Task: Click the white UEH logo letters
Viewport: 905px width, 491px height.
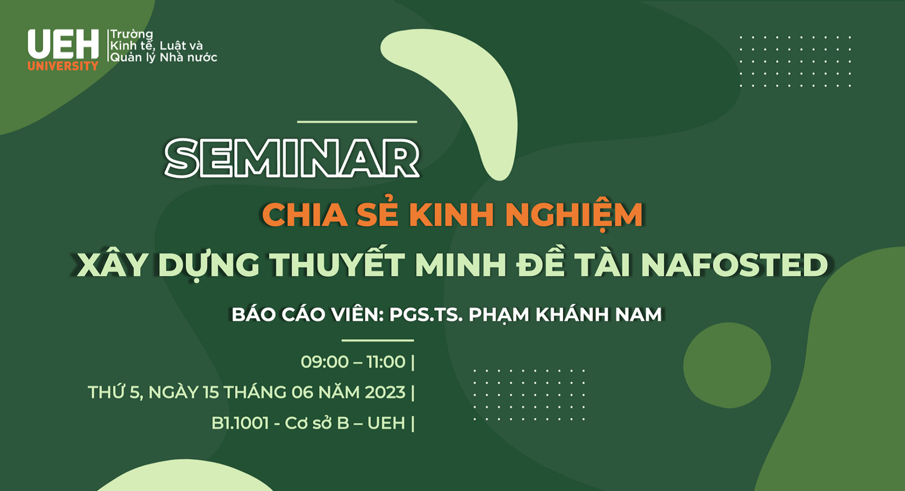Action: (63, 44)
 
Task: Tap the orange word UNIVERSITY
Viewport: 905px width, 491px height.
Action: (63, 66)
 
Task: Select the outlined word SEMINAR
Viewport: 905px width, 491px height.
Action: (292, 158)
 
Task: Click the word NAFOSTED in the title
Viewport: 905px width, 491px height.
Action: (734, 264)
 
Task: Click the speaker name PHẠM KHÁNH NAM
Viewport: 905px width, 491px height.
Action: (565, 315)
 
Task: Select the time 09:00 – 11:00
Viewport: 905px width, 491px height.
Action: (353, 362)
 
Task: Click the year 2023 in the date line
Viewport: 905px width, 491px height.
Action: (385, 392)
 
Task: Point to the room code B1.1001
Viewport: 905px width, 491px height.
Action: (240, 423)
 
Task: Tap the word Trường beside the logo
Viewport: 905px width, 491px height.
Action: (132, 34)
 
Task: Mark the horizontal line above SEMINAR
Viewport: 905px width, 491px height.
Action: (357, 122)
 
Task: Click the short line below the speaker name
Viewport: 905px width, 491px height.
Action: (378, 340)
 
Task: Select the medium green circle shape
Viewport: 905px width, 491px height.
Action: (727, 365)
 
